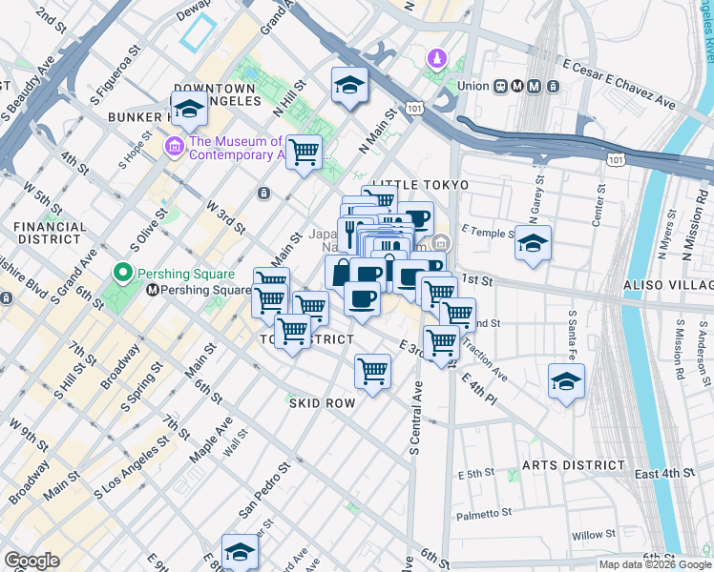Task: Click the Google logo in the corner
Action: coord(32,561)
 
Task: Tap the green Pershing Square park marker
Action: coord(121,273)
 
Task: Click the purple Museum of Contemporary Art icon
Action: coord(174,146)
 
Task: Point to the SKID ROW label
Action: coord(323,403)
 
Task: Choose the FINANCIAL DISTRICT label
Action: coord(50,235)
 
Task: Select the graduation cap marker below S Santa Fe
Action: coord(566,381)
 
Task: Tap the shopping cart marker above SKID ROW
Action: coord(372,371)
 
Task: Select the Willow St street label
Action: coord(593,536)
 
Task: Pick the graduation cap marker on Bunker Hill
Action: coord(189,110)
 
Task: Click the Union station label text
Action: coord(472,86)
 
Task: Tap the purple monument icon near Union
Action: coord(437,59)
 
